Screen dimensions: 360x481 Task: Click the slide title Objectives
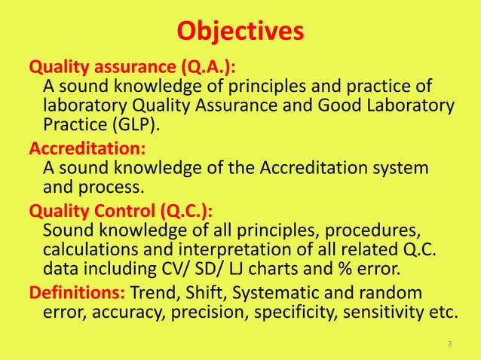[240, 32]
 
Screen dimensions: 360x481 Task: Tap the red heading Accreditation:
[87, 145]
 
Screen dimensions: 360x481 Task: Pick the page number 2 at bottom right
[450, 344]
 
